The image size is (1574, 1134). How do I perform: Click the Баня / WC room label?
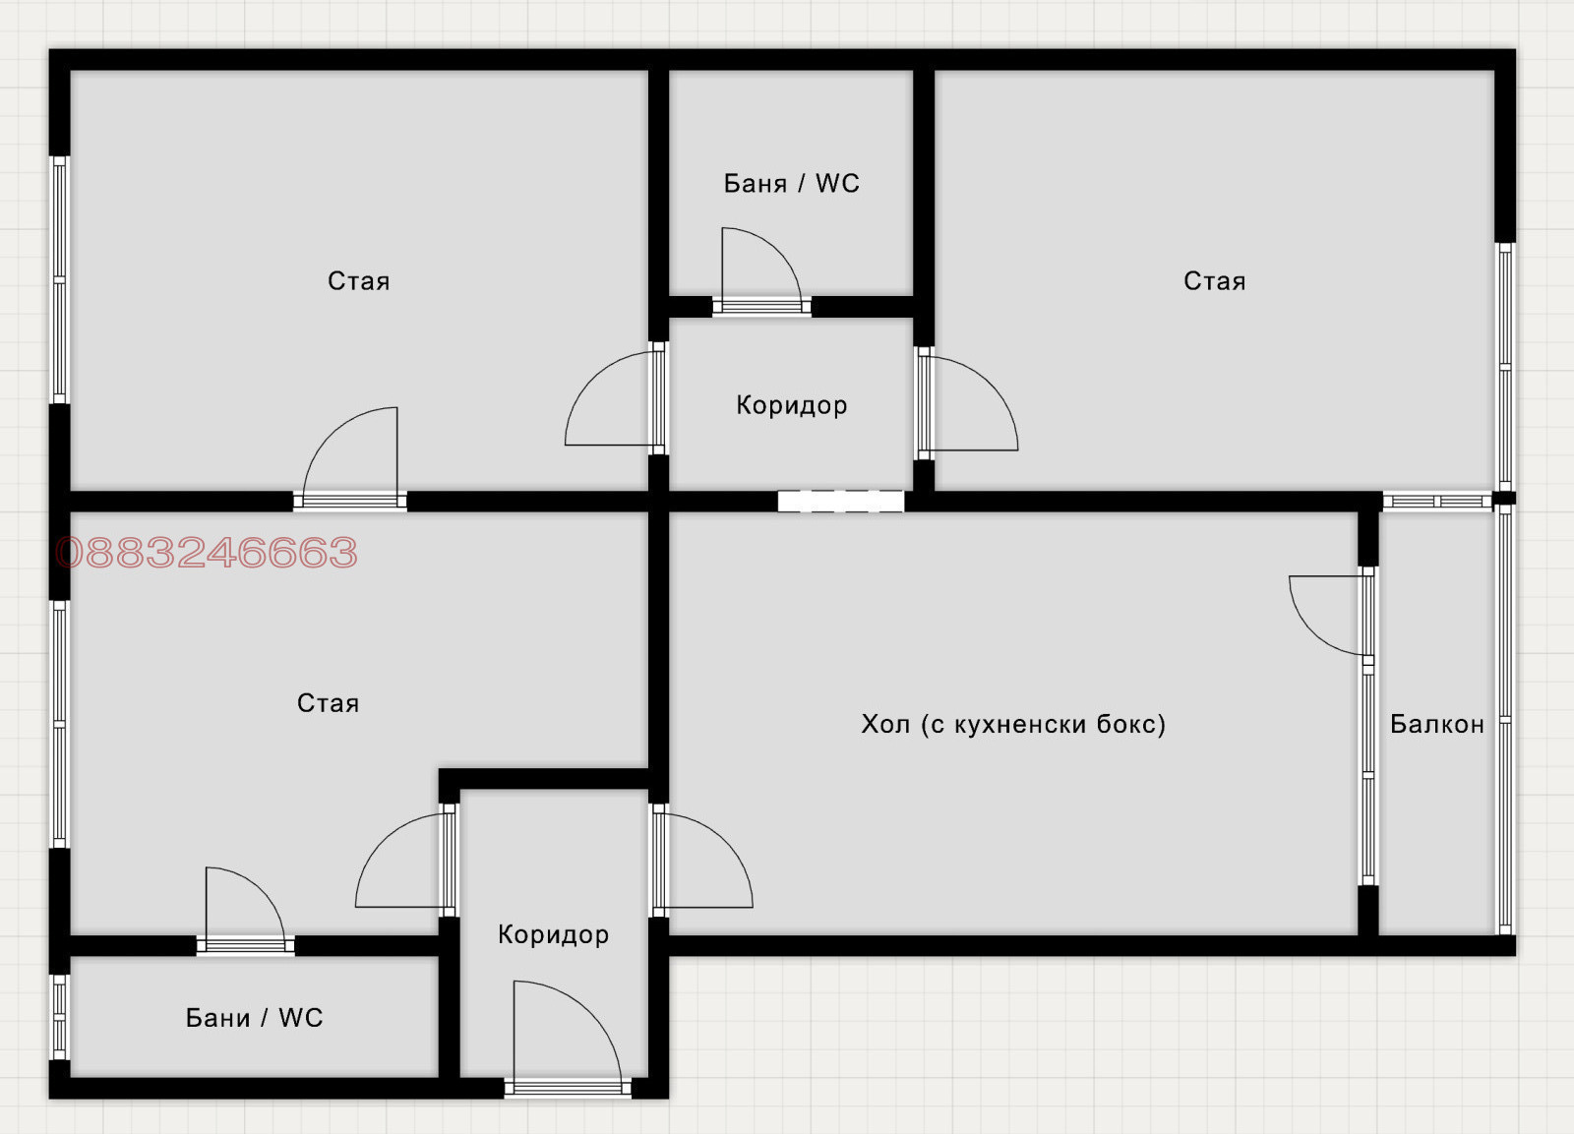click(x=791, y=183)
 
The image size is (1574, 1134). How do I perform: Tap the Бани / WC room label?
click(x=255, y=1017)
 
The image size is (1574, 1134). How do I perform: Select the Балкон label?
click(x=1437, y=724)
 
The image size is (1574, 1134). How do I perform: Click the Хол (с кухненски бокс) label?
click(x=1013, y=724)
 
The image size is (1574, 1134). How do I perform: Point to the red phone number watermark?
click(x=207, y=552)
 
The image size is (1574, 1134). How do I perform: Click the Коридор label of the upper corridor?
click(x=791, y=405)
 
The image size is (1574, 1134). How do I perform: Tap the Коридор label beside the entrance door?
click(x=553, y=934)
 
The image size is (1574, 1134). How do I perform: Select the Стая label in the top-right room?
click(x=1214, y=281)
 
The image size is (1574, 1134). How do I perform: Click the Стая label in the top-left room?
click(x=358, y=281)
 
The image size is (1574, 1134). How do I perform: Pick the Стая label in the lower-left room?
click(x=328, y=702)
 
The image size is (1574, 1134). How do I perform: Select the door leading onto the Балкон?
click(x=1329, y=616)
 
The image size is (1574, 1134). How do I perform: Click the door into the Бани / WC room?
click(x=245, y=912)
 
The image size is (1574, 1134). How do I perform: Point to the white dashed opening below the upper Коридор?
click(x=840, y=501)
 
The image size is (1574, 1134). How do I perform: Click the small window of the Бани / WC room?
click(x=60, y=1017)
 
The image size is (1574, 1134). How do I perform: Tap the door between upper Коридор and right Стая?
click(x=967, y=403)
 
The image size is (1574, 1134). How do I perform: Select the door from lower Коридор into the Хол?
click(x=702, y=861)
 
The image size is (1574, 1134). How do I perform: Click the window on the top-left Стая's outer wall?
click(x=60, y=279)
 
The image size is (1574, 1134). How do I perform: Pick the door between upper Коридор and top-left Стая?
click(x=616, y=398)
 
